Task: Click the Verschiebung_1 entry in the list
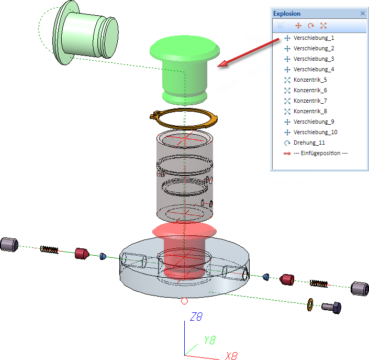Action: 314,38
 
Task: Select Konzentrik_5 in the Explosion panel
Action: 310,80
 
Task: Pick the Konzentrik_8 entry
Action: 310,111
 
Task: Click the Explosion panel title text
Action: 287,14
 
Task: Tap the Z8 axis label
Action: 196,317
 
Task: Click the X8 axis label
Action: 231,356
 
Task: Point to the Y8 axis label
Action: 209,340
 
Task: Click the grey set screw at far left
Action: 9,244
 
